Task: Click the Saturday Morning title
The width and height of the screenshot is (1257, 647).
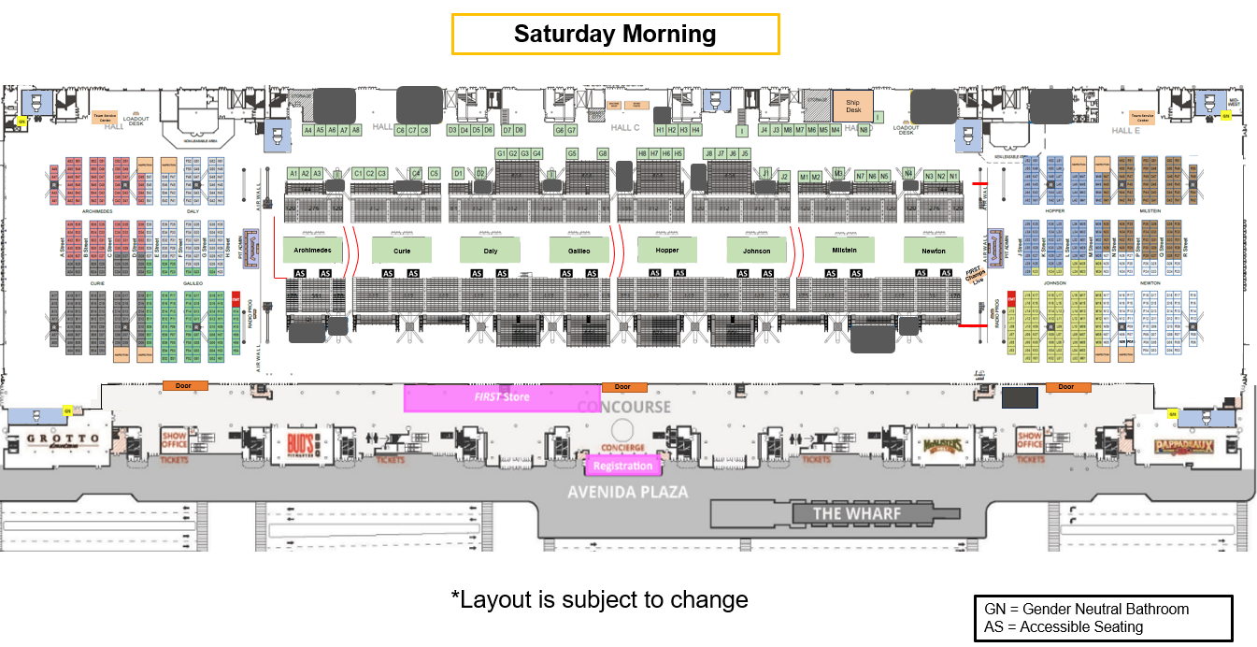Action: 615,35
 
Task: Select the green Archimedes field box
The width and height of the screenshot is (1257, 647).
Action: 313,250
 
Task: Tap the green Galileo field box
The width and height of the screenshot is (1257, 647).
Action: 579,250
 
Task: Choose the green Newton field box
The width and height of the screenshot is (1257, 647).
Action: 933,250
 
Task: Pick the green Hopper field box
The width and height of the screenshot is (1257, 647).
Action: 667,250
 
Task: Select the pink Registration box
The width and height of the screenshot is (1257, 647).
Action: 622,466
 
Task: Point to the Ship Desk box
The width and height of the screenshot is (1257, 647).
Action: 852,105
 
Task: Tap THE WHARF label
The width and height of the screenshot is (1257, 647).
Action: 857,513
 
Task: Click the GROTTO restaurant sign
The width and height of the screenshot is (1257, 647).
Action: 63,440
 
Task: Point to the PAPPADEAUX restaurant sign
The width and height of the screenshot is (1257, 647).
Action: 1183,446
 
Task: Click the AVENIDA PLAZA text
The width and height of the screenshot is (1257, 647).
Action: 628,492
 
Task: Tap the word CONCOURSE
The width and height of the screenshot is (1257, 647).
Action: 623,407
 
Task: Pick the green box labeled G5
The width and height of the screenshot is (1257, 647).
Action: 572,153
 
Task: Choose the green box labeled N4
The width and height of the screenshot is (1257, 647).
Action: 908,173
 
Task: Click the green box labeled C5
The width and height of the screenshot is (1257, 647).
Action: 434,174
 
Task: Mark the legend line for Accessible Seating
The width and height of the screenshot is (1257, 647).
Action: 1064,626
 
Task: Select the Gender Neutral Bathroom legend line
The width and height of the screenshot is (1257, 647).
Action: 1086,609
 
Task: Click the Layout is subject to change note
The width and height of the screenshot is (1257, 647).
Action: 599,599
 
